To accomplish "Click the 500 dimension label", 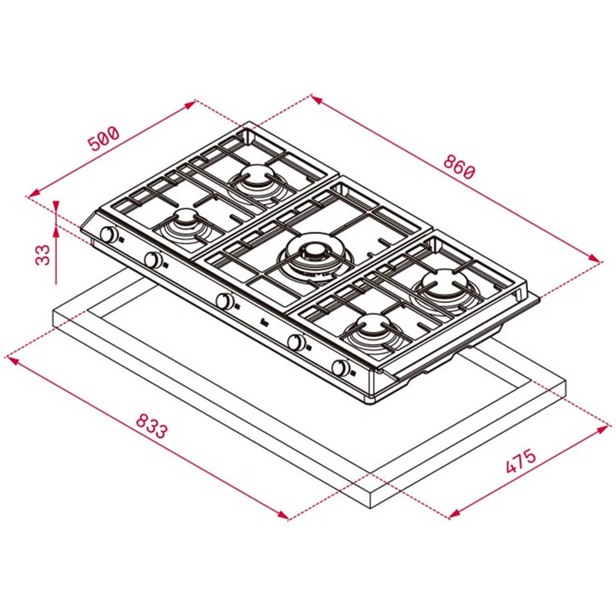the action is [103, 138].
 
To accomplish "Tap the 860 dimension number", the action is [460, 168].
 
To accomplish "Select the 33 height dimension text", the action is [43, 255].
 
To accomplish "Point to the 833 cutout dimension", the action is [152, 426].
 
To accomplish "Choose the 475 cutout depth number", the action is [521, 460].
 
